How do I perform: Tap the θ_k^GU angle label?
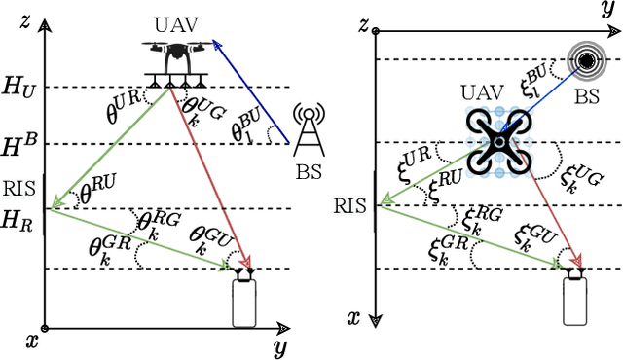(210, 239)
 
